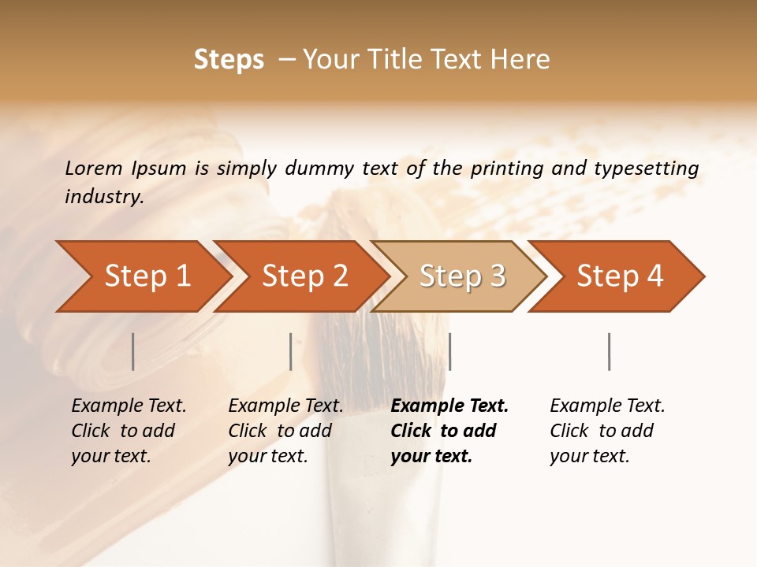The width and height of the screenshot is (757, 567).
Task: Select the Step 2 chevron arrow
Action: coord(303,276)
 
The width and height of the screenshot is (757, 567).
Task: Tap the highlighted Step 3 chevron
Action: coord(461,276)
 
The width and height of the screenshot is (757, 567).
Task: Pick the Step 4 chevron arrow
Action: coord(618,276)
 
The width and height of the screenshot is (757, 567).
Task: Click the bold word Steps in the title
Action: coord(229,60)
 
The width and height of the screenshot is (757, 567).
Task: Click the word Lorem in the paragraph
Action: coord(93,168)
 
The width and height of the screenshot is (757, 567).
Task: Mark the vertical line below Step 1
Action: coord(133,351)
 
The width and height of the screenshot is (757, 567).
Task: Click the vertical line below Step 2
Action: coord(291,351)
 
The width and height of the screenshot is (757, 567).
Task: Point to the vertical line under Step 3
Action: coord(449,351)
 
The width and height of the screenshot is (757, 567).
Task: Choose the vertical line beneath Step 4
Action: coord(609,351)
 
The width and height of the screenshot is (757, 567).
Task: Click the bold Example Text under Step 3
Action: coord(449,406)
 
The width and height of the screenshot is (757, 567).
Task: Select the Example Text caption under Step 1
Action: coord(129,406)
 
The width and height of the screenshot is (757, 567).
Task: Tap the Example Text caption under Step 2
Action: coord(285,406)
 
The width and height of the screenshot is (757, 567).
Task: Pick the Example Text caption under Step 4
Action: coord(607,406)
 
